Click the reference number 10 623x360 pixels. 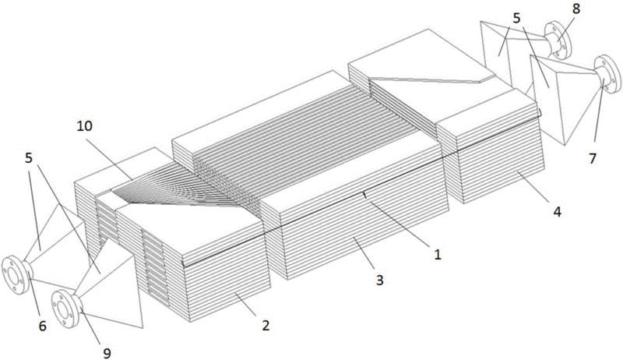[85, 126]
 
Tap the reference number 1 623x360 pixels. [438, 254]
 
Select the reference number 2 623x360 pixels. [266, 326]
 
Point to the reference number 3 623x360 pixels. [380, 281]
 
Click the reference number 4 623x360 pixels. [558, 212]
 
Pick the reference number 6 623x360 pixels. [43, 326]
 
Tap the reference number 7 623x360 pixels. [593, 158]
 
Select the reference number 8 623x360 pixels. [576, 9]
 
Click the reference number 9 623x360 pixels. [107, 353]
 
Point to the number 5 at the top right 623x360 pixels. [516, 18]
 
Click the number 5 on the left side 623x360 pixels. [29, 157]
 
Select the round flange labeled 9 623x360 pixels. [65, 309]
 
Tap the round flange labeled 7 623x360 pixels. [608, 74]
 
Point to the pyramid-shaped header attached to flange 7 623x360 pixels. [564, 99]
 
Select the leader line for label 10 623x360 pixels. [112, 157]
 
